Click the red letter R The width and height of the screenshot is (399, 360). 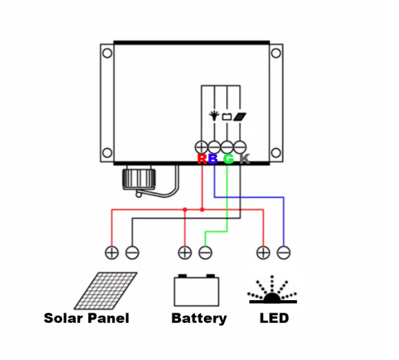click(203, 158)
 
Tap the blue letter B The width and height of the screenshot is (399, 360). click(213, 158)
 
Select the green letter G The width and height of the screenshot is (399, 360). click(229, 158)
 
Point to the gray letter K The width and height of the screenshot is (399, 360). click(245, 158)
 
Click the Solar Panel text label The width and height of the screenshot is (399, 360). click(87, 318)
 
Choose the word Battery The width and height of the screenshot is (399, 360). click(199, 319)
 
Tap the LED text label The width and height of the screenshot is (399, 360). click(274, 318)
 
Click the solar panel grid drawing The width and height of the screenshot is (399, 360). click(105, 290)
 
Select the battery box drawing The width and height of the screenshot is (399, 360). click(196, 290)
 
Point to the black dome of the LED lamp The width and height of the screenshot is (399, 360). click(272, 298)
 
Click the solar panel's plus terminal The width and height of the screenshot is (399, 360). click(112, 253)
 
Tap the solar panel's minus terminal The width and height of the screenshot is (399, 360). click(132, 253)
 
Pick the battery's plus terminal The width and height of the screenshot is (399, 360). click(185, 253)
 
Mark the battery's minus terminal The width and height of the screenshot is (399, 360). click(205, 253)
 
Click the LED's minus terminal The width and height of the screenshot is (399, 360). click(284, 253)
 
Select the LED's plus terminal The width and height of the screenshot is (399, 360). click(263, 253)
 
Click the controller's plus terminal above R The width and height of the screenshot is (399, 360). click(201, 147)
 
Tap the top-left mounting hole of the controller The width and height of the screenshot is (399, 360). click(107, 53)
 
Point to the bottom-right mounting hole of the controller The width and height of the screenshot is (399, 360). click(276, 153)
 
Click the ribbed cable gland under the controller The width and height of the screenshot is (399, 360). click(139, 178)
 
